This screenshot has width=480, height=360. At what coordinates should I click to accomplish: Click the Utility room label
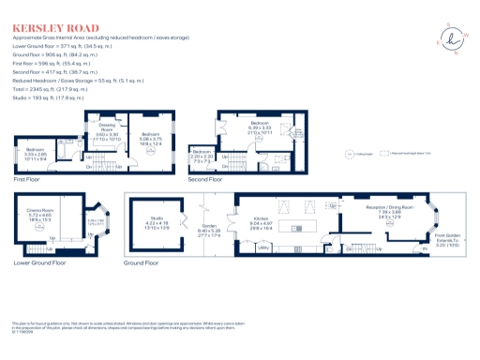pos(263,247)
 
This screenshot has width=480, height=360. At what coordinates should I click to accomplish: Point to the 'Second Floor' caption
pos(206,177)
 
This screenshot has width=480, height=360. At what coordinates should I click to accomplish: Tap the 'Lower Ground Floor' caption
pos(38,263)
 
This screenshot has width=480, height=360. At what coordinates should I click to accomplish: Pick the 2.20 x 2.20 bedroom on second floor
pos(202,154)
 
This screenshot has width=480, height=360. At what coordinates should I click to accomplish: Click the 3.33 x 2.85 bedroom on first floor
pos(37,153)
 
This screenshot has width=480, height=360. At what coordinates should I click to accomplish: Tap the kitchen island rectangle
pos(300,229)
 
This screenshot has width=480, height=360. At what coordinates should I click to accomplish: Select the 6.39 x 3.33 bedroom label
pos(260,128)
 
